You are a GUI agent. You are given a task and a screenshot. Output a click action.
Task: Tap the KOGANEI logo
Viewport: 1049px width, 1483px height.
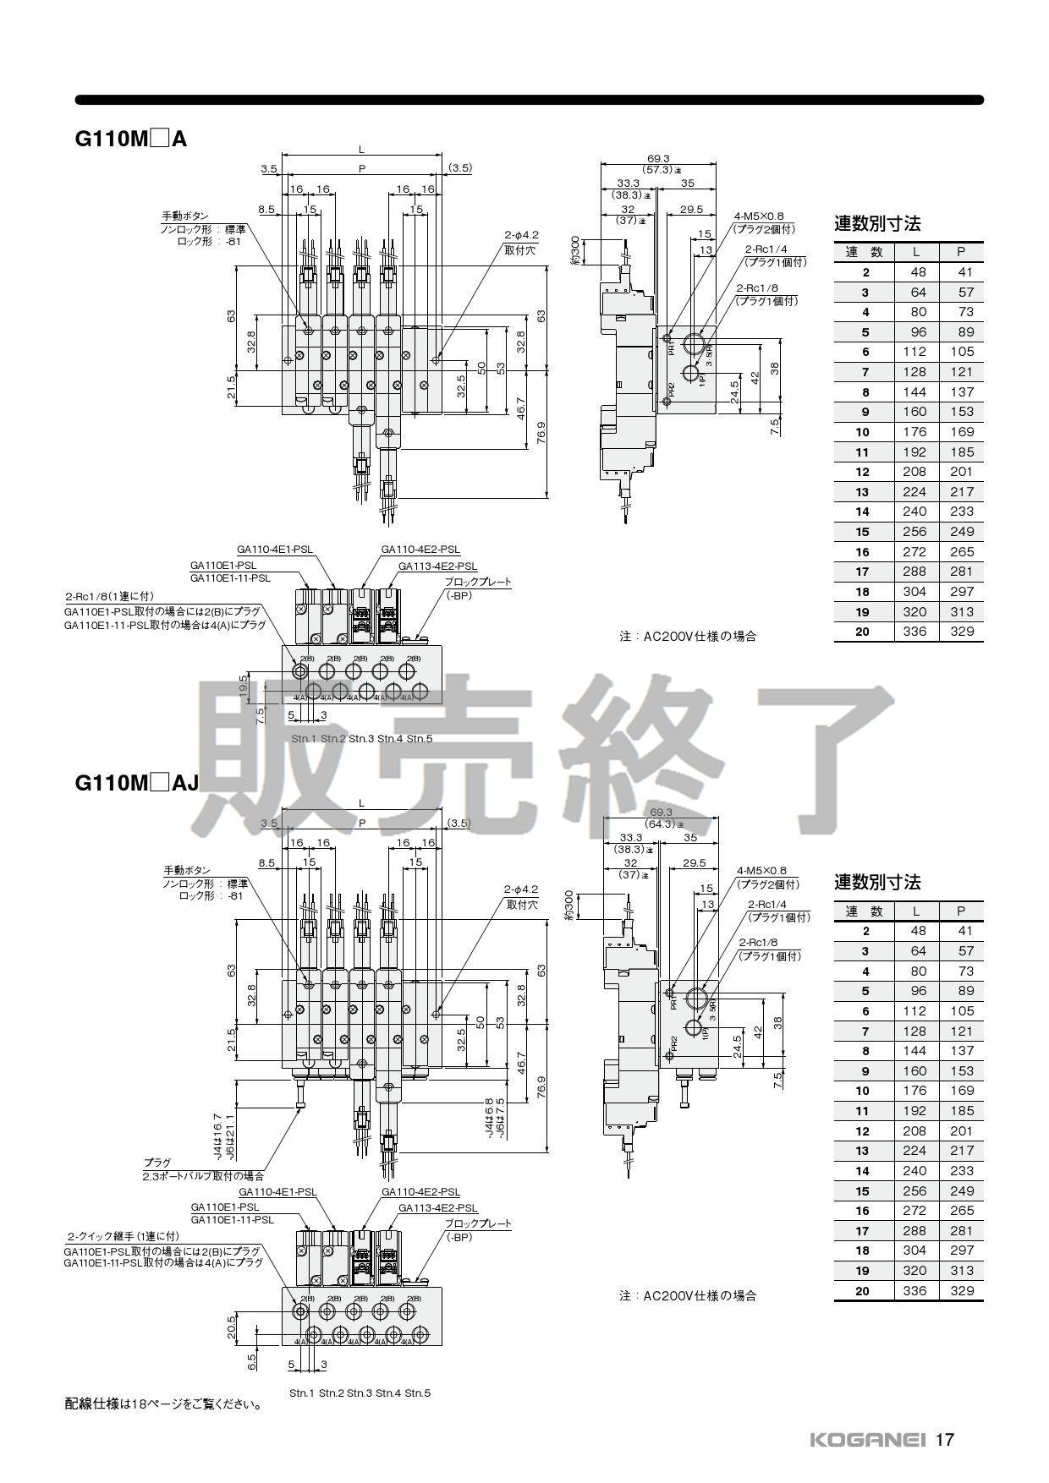click(x=867, y=1440)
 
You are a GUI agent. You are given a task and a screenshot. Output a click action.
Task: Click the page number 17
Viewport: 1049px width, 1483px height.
click(x=945, y=1439)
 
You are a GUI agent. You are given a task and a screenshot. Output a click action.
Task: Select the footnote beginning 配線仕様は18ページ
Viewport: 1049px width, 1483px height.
click(x=163, y=1404)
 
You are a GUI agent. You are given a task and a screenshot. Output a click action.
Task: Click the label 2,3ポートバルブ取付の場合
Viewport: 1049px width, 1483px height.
click(x=203, y=1176)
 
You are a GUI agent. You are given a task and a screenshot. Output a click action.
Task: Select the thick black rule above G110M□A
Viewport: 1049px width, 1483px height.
click(x=529, y=100)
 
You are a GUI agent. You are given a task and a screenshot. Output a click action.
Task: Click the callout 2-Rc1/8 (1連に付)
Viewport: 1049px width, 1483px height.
click(x=110, y=597)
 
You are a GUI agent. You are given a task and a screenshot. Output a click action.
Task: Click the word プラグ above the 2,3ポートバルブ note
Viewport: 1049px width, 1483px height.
click(x=157, y=1163)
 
